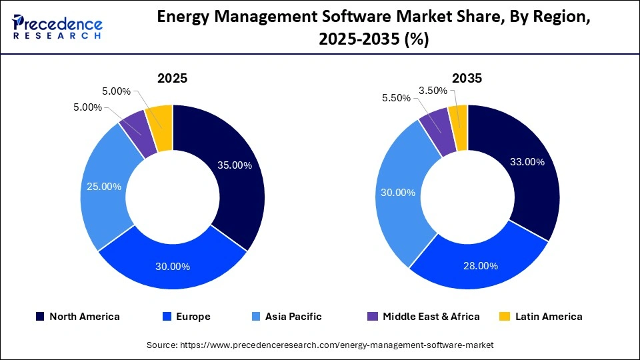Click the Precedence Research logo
coord(57,27)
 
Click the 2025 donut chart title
coord(172,78)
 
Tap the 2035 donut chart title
coord(467,78)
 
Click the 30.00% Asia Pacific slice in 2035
coord(400,193)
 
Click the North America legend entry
coord(78,317)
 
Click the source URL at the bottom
coord(320,345)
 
